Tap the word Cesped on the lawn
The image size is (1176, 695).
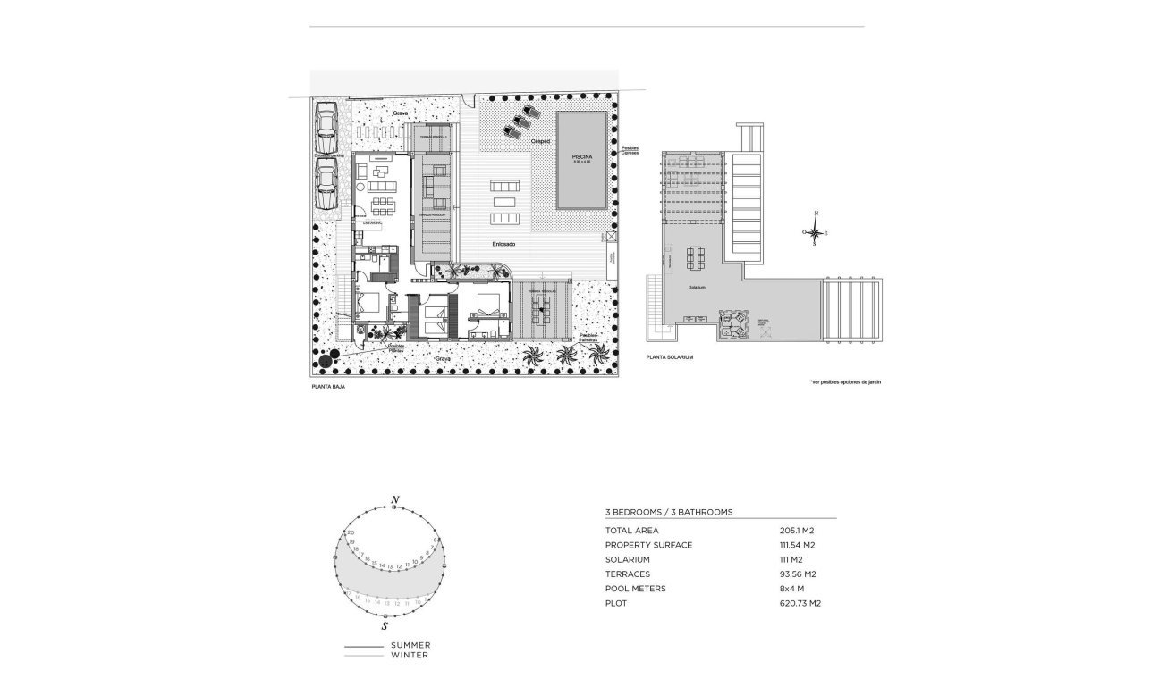click(x=540, y=140)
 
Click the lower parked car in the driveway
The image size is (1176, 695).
click(x=326, y=185)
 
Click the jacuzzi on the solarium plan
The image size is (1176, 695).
click(x=735, y=323)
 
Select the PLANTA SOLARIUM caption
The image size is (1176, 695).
click(x=669, y=357)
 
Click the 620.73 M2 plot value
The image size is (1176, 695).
click(x=800, y=604)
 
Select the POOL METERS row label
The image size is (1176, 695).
click(x=635, y=589)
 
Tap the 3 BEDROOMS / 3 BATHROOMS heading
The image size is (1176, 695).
click(x=669, y=512)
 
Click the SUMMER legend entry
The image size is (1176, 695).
click(x=410, y=645)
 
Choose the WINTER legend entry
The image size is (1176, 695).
click(x=409, y=655)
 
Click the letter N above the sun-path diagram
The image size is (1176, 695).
click(x=394, y=498)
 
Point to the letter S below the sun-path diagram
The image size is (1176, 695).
click(x=385, y=626)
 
